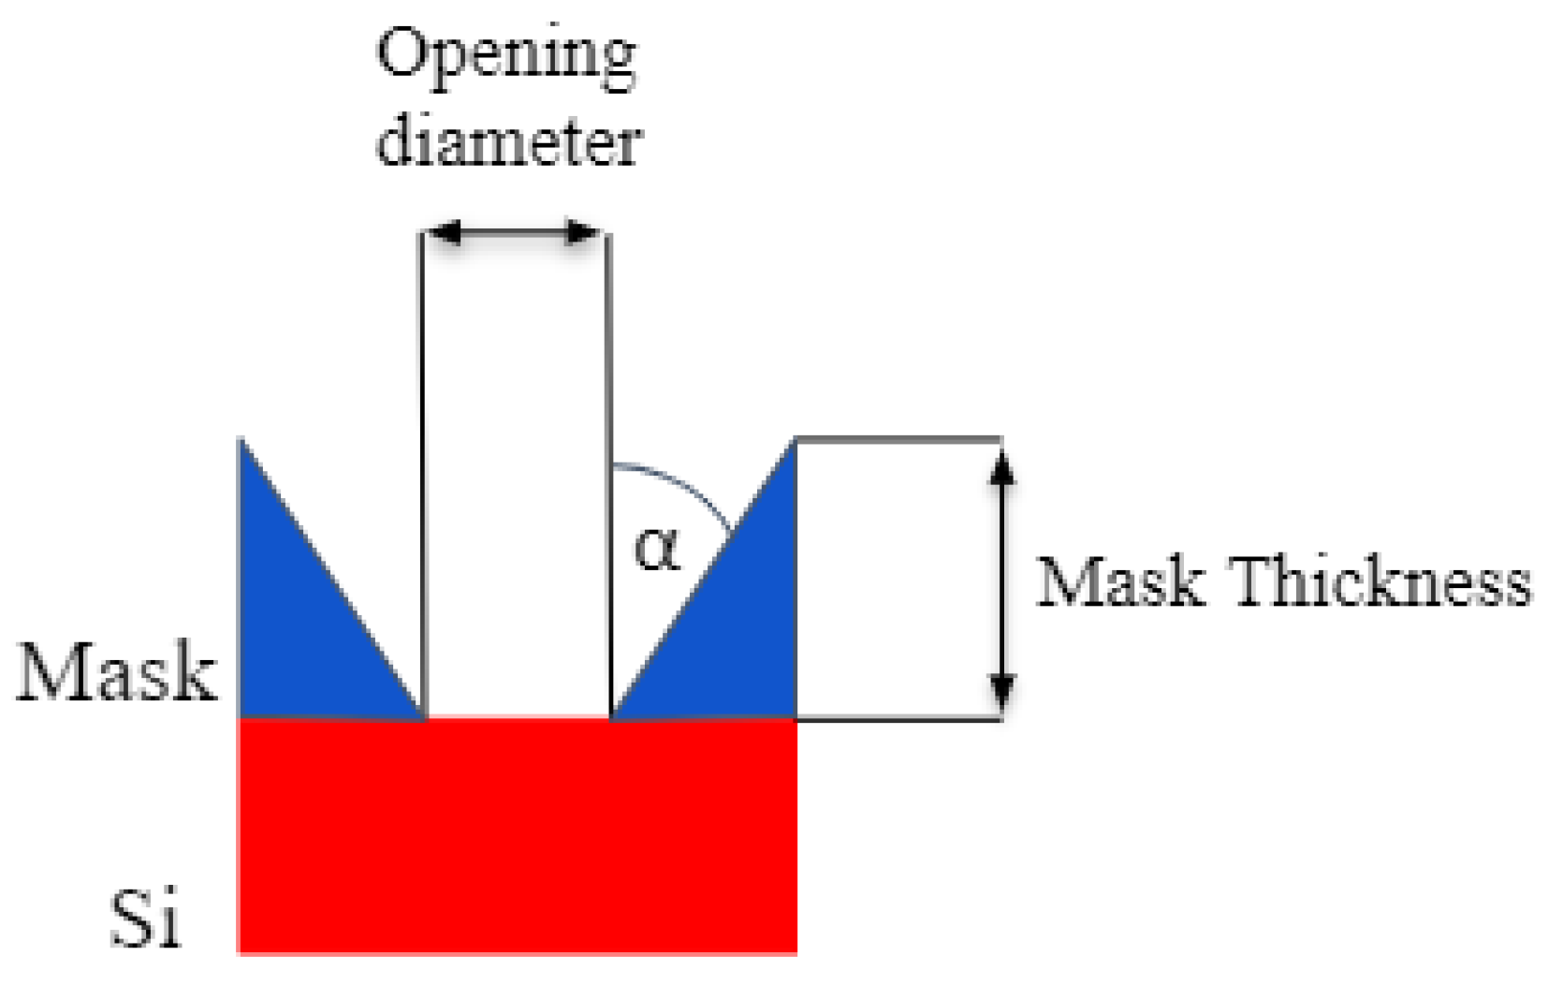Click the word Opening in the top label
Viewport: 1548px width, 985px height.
(506, 56)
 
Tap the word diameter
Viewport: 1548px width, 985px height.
(508, 142)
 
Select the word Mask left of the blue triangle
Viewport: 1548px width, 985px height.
(116, 672)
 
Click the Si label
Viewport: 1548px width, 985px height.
(144, 918)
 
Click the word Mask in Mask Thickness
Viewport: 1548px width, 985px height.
(1120, 582)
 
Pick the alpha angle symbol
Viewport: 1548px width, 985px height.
(657, 548)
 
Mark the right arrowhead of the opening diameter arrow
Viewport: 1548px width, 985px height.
(584, 232)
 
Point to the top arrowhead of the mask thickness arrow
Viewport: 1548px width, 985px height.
(1002, 464)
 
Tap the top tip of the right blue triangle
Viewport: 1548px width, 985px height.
(794, 440)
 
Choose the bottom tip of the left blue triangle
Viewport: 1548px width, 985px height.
(420, 716)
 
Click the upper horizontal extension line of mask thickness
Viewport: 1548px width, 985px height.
(898, 437)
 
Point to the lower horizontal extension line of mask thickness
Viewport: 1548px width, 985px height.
(898, 719)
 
